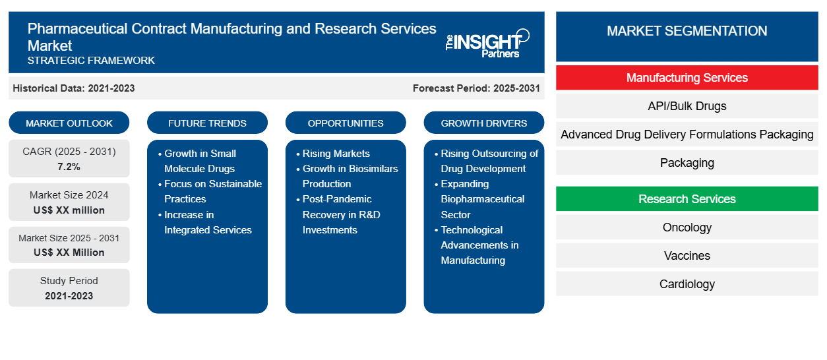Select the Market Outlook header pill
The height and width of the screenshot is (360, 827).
(69, 123)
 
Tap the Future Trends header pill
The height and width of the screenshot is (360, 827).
(207, 123)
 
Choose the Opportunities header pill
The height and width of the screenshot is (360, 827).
(346, 123)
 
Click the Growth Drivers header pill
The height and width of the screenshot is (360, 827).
(484, 123)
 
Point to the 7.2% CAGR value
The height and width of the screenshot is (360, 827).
(69, 167)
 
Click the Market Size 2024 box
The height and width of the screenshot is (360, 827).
(69, 202)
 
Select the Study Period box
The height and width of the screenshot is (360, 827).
(69, 288)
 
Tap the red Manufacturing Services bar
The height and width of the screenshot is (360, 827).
(687, 78)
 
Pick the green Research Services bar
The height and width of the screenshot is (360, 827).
(687, 199)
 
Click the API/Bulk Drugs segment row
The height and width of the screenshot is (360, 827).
(687, 106)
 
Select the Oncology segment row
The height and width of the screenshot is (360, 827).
(687, 227)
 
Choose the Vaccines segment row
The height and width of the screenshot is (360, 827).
(687, 256)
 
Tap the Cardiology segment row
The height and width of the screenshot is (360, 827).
(687, 284)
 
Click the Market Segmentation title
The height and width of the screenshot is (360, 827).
(687, 31)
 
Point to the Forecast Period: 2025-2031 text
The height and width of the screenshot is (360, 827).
(476, 88)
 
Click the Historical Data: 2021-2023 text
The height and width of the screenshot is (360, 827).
(74, 88)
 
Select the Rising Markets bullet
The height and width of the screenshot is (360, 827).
(336, 154)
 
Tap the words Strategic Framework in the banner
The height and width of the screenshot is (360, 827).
(91, 61)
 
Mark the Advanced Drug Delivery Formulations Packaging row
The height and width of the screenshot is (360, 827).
(687, 135)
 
